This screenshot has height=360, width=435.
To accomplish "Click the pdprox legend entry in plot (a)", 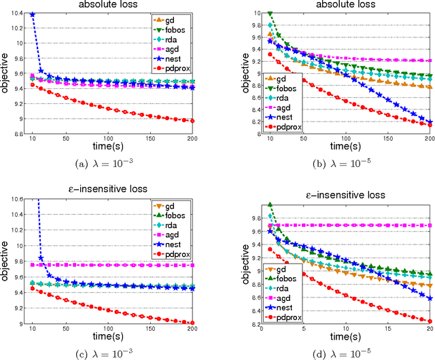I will click(x=175, y=68).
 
